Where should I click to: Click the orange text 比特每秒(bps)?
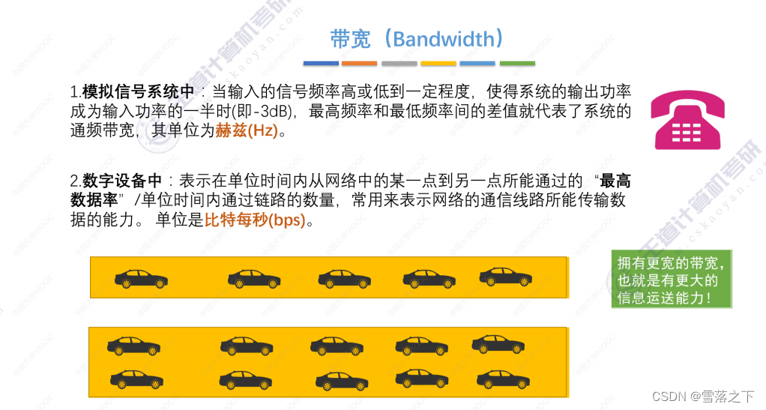[255, 221]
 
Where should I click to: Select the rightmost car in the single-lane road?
[505, 277]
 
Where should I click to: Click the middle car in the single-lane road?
[344, 279]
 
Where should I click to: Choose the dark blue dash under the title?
[321, 63]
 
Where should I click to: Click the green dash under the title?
[517, 63]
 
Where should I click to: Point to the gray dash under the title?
[399, 63]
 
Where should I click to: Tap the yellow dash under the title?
[438, 63]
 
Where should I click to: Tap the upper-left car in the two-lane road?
[133, 346]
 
